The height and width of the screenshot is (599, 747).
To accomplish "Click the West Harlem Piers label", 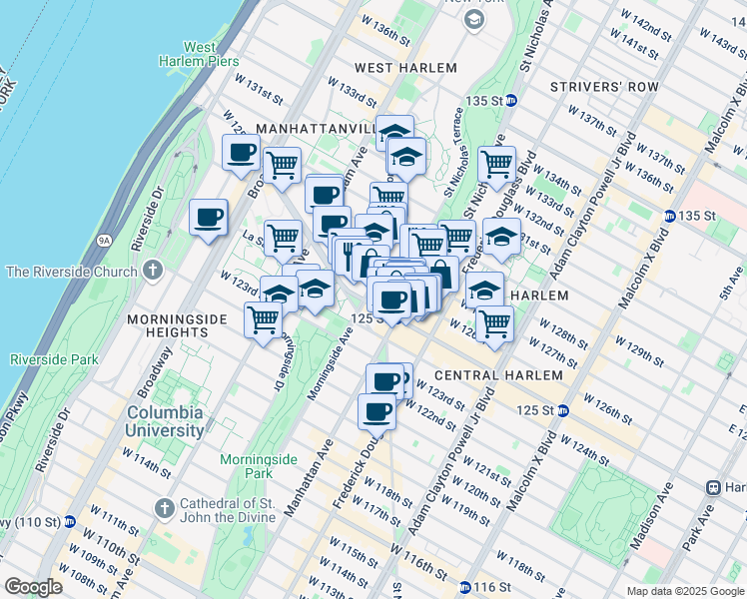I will (x=213, y=55).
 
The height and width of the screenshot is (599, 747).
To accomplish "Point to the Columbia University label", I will (x=165, y=420).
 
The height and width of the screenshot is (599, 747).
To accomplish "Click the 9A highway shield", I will (x=104, y=240).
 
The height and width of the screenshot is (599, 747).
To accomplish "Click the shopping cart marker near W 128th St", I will (x=493, y=322).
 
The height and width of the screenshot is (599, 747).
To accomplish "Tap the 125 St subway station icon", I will (x=563, y=410).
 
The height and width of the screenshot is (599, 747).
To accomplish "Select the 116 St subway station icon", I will (x=465, y=586).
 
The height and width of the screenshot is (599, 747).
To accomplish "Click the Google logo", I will (x=33, y=587).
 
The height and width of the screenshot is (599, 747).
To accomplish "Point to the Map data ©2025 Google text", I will (x=684, y=591).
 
